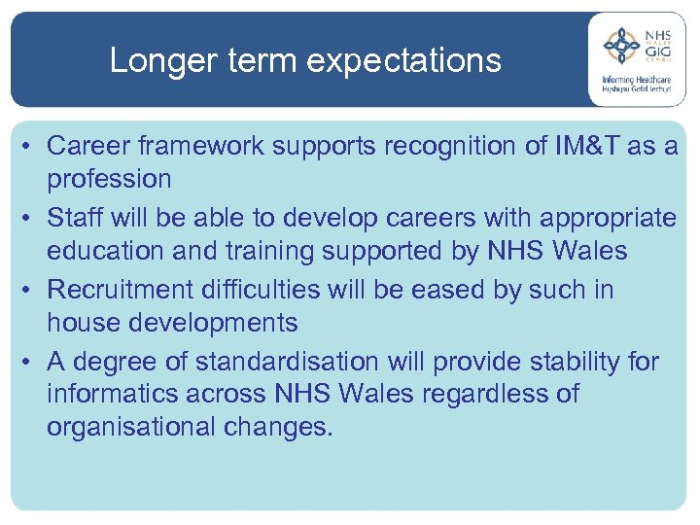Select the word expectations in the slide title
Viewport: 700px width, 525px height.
click(405, 61)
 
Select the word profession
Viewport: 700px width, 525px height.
click(109, 179)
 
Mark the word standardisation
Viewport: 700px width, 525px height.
click(287, 362)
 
